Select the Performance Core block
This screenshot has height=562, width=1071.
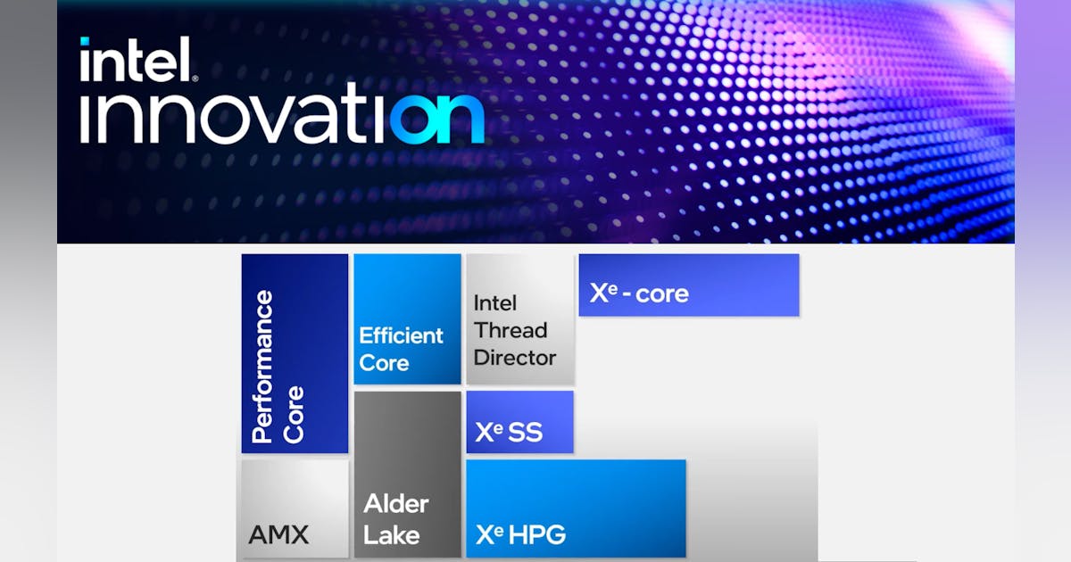[295, 353]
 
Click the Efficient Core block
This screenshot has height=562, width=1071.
[407, 318]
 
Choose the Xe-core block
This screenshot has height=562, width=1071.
[688, 285]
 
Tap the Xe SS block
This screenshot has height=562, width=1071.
[519, 422]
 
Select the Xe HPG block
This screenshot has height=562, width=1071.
[576, 508]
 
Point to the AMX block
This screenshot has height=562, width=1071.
[295, 508]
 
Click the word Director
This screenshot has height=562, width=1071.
[515, 358]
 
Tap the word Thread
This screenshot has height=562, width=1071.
[511, 330]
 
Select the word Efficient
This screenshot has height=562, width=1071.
[401, 335]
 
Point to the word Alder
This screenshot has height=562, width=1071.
[395, 504]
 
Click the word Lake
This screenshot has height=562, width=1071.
[392, 534]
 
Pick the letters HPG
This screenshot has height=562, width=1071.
[538, 534]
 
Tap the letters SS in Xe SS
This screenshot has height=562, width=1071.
[524, 433]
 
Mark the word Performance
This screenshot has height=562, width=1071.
[262, 366]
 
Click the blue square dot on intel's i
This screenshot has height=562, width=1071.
[85, 42]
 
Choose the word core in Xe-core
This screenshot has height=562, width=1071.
[663, 293]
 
